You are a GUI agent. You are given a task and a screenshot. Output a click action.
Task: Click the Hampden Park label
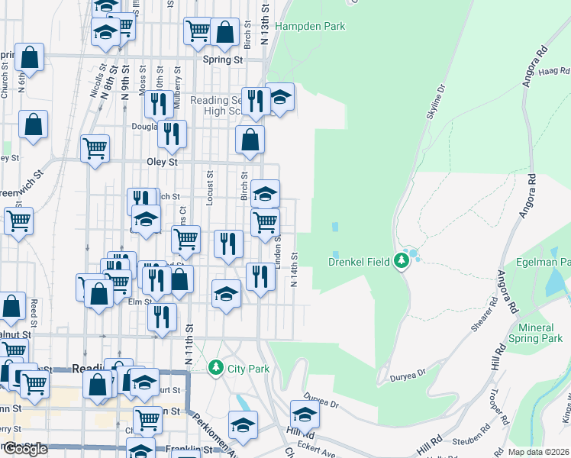310,26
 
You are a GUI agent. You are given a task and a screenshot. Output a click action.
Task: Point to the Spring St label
222,59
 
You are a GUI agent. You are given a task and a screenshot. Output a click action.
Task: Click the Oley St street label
162,162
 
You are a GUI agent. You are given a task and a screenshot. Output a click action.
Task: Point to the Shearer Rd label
485,314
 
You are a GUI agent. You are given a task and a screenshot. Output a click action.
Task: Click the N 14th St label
294,270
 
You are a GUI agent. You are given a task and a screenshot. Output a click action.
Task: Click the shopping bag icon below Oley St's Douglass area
250,140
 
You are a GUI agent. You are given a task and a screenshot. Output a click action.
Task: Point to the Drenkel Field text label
360,262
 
